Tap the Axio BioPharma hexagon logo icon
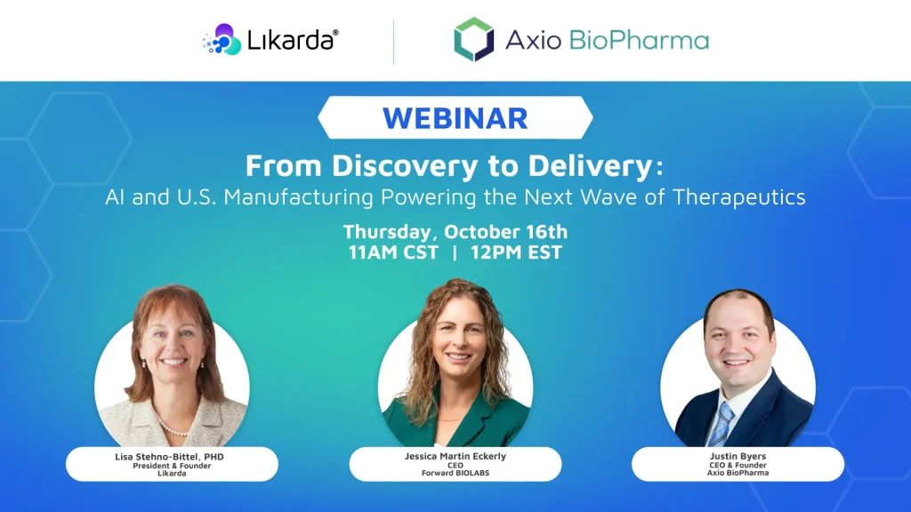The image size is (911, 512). [x=473, y=40]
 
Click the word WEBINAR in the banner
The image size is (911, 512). [x=455, y=117]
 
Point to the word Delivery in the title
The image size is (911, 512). [x=597, y=166]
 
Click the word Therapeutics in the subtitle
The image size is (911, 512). [x=747, y=196]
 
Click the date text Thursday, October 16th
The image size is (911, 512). [x=455, y=232]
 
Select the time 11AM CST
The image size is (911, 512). [x=393, y=252]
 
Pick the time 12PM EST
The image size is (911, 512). [x=519, y=252]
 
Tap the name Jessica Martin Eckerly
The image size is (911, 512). [x=455, y=457]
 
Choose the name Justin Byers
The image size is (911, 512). [x=738, y=457]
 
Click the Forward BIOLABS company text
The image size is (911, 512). [x=455, y=473]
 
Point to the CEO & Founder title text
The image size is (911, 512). [x=738, y=465]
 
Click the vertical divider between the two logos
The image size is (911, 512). [x=393, y=41]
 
